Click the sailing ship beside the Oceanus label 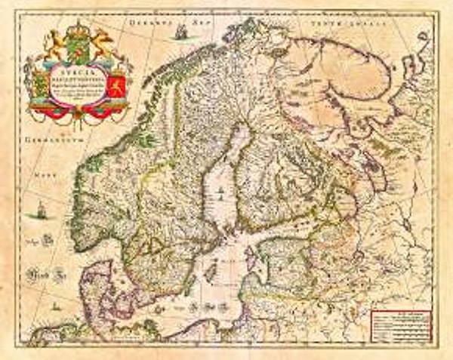(x=180, y=31)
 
